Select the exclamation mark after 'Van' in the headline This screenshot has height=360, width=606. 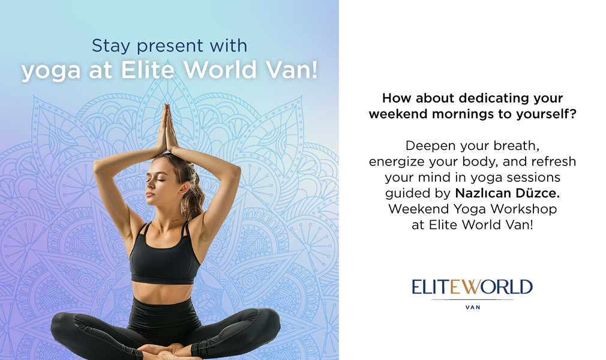313,70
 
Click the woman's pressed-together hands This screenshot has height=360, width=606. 167,129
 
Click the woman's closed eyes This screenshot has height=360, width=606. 162,178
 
